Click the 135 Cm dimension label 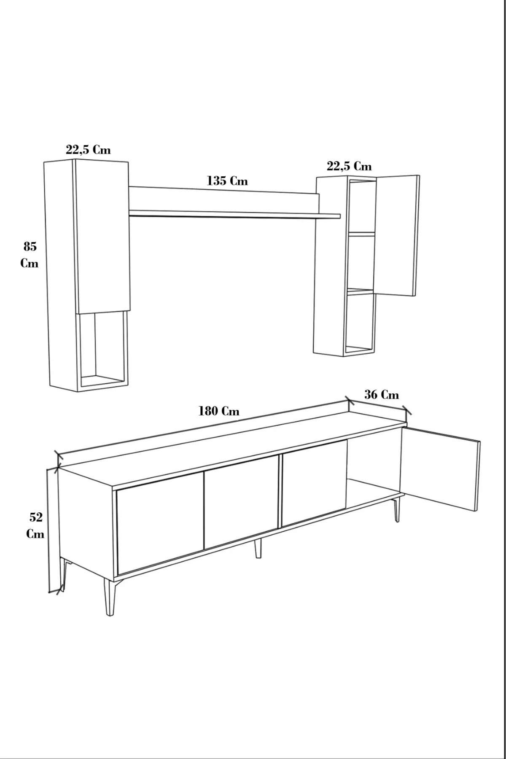[x=227, y=181]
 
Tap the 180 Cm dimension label [x=219, y=411]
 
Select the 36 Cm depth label [x=381, y=395]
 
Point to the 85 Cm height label [x=30, y=255]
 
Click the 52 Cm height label [x=35, y=525]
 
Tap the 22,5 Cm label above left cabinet [x=88, y=150]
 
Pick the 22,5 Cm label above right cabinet [x=349, y=166]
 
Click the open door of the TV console [x=440, y=469]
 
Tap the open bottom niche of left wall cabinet [x=102, y=350]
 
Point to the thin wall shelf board [x=234, y=215]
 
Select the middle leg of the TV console [x=258, y=548]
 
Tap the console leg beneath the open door [x=397, y=509]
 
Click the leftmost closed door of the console [x=160, y=523]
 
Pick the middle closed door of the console [x=241, y=502]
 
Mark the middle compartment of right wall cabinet [x=361, y=262]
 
